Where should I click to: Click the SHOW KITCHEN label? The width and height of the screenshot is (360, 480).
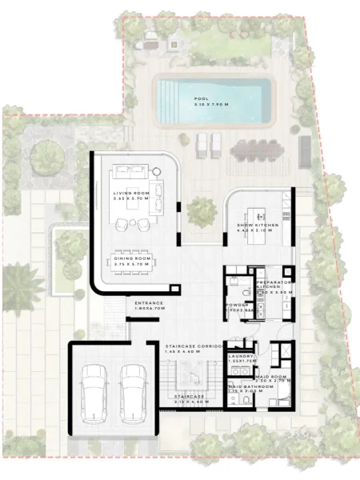pyautogui.click(x=258, y=226)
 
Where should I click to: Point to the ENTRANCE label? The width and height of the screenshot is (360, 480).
pyautogui.click(x=150, y=303)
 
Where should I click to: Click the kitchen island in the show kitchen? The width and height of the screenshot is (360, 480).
pyautogui.click(x=258, y=214)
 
